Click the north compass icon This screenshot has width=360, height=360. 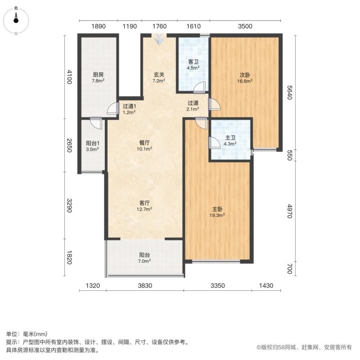point(16,19)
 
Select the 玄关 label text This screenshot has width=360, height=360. point(159,77)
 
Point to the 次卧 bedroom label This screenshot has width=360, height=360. point(245,78)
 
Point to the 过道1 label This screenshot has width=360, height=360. point(129,109)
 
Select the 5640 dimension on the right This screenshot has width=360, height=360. point(290,93)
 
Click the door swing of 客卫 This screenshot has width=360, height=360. point(199,87)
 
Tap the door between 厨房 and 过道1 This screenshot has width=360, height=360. point(114,109)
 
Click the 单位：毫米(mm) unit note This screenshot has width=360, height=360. point(27,334)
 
